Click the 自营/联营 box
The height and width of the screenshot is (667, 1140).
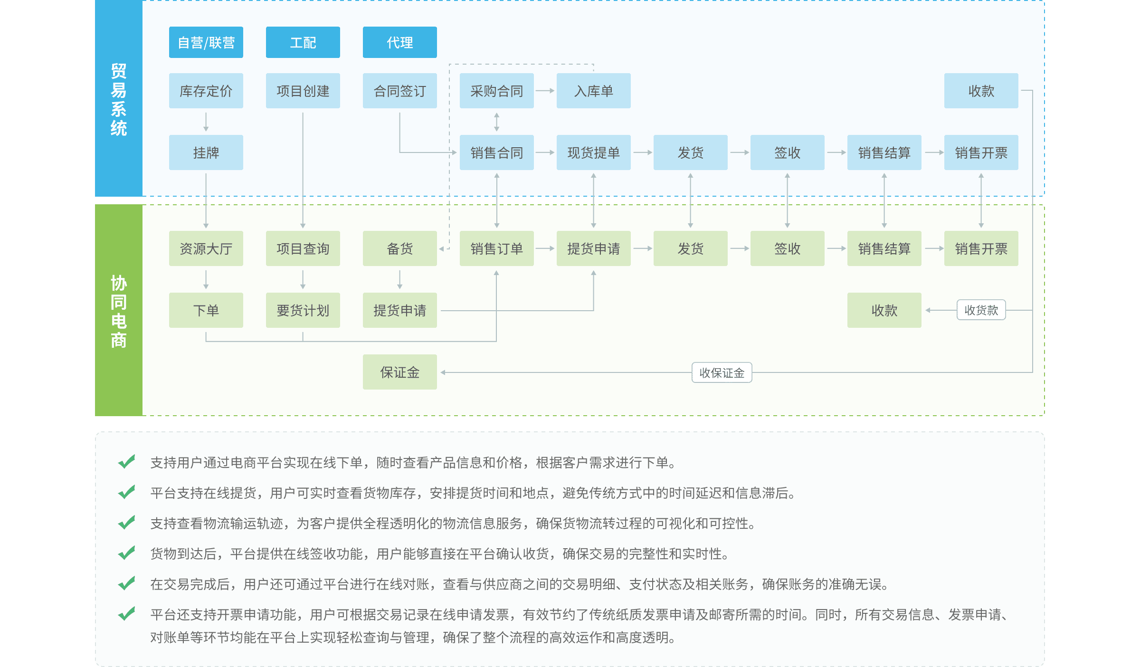206,43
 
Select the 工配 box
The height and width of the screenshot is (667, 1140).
303,43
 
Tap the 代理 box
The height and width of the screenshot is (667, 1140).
399,43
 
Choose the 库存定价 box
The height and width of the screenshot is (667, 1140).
206,91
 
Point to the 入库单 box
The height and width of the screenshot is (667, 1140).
593,91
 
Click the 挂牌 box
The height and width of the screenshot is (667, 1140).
206,152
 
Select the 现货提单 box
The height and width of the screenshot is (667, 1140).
593,152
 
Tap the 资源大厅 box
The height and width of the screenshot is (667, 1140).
206,248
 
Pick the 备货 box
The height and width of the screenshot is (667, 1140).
399,248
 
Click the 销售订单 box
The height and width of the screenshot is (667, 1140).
496,248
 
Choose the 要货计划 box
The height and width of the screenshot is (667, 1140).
303,310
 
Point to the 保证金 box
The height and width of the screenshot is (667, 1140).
399,372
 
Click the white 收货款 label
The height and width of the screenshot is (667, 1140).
981,310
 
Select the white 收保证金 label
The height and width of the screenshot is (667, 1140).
722,373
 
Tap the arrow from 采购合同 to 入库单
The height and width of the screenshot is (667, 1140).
545,91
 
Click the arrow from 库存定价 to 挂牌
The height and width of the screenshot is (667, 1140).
206,122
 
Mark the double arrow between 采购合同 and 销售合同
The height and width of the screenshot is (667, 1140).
496,122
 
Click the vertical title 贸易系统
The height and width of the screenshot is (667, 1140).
119,100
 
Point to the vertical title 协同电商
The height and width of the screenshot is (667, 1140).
119,311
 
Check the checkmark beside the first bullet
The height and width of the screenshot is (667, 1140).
126,462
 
